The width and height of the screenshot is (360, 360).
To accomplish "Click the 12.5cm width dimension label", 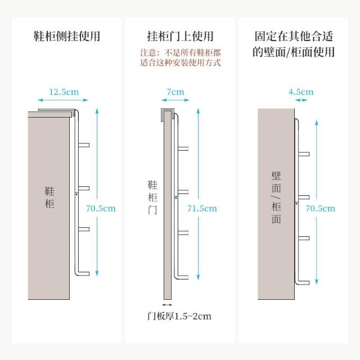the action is coord(64,92).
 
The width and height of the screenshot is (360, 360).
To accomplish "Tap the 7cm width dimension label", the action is coord(175,92).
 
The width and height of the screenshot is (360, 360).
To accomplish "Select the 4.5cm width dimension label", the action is coord(301,92).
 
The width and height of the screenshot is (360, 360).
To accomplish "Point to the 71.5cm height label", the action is coord(202,209).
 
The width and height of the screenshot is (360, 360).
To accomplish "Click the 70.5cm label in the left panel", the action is coord(101,209).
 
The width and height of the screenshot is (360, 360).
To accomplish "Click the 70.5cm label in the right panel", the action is coord(320,209).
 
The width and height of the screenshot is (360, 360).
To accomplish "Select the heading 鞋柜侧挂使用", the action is coord(67,36).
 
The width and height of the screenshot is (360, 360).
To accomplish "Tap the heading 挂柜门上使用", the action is coord(180,36).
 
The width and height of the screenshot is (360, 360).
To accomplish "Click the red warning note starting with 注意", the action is coord(181,57).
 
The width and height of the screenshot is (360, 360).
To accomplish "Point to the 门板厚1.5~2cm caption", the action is coord(179,316).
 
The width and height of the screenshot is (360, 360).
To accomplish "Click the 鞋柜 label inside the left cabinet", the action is coord(49,197).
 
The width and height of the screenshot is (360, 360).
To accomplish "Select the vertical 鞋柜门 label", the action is coord(152,197).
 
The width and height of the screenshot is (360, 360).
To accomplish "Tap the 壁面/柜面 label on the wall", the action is coord(276,197).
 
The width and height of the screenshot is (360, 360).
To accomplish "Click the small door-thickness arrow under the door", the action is coord(167,305).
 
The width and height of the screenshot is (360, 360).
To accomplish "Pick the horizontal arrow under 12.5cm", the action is coord(63,100).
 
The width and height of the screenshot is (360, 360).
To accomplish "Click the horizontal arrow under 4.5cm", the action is coord(301,100).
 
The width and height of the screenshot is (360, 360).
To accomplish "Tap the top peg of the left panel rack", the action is coord(84,145).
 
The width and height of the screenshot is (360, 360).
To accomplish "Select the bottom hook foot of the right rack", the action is coord(303,282).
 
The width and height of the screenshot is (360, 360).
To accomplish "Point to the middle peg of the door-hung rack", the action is coord(183,192).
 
